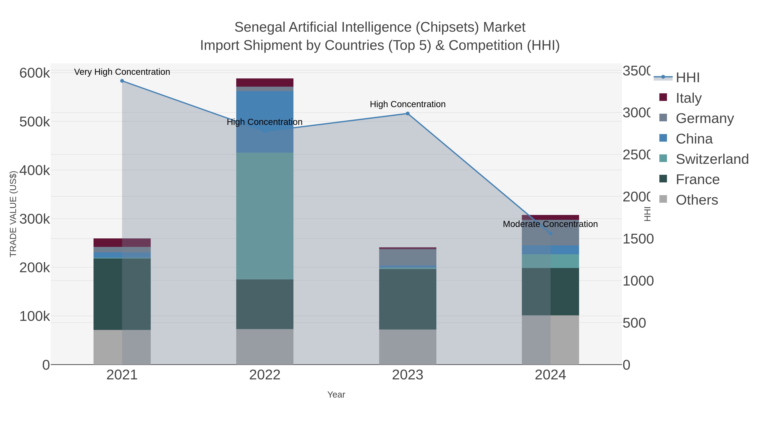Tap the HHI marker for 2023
pos(407,113)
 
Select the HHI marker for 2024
pos(550,233)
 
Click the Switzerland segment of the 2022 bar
pos(265,216)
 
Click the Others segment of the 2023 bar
pos(407,347)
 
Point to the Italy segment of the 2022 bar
pos(265,82)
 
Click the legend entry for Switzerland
pos(712,159)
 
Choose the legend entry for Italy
pos(688,98)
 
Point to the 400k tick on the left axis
pos(35,170)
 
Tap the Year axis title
pos(336,395)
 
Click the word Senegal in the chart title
pos(260,27)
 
